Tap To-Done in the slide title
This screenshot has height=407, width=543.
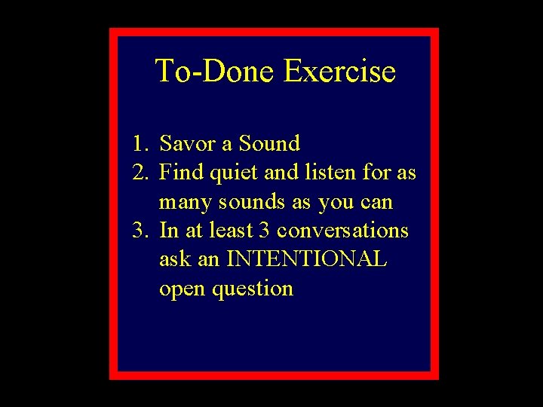coord(216,72)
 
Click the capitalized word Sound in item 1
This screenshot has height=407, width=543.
coord(269,143)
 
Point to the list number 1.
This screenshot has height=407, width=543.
coord(139,143)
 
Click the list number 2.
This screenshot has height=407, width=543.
coord(139,173)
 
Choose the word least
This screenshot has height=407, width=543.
coord(231,231)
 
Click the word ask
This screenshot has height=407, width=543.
coord(174,259)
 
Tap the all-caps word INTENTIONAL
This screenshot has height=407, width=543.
coord(306,259)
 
